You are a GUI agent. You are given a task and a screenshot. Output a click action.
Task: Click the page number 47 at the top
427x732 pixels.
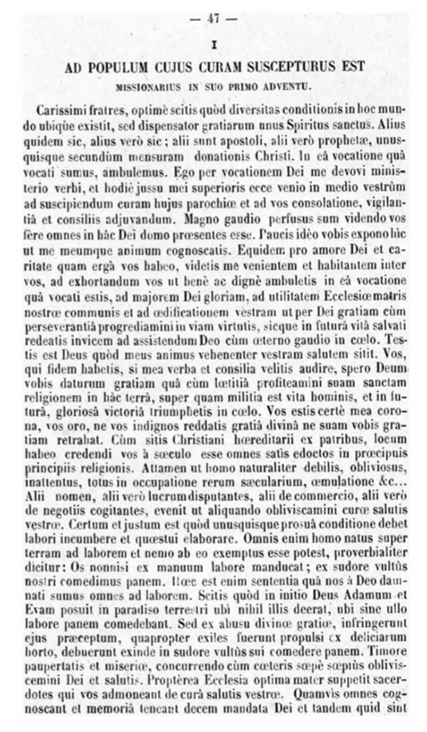[x=213, y=19]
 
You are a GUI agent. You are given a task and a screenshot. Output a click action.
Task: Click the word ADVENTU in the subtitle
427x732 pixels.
[x=290, y=85]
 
